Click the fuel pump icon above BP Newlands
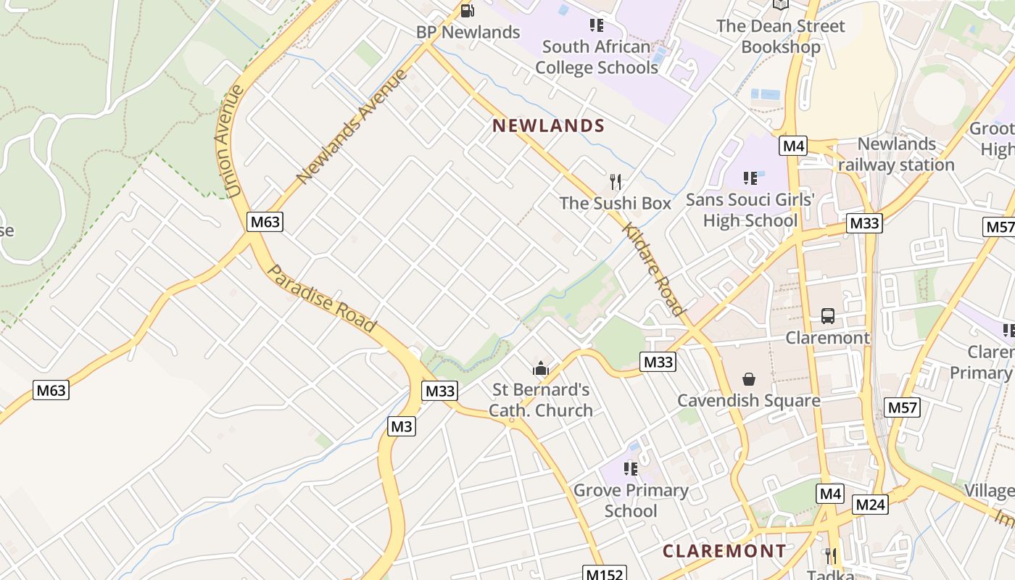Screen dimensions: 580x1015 pyautogui.click(x=468, y=11)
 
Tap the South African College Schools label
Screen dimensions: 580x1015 pyautogui.click(x=596, y=57)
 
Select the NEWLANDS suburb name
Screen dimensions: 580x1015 pyautogui.click(x=548, y=126)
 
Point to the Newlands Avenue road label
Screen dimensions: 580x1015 pyautogui.click(x=352, y=126)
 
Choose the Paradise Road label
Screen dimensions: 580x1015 pyautogui.click(x=322, y=299)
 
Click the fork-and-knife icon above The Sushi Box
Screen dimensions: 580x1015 pyautogui.click(x=616, y=181)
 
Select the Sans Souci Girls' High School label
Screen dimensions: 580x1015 pyautogui.click(x=750, y=210)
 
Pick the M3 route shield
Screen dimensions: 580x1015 pyautogui.click(x=402, y=426)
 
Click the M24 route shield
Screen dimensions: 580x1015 pyautogui.click(x=870, y=504)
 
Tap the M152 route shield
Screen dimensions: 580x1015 pyautogui.click(x=605, y=574)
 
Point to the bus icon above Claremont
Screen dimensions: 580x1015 pyautogui.click(x=828, y=316)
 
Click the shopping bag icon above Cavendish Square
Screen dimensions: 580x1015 pyautogui.click(x=748, y=379)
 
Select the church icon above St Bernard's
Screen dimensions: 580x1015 pyautogui.click(x=540, y=369)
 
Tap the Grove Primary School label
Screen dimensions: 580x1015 pyautogui.click(x=631, y=500)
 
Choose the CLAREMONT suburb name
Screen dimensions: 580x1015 pyautogui.click(x=724, y=551)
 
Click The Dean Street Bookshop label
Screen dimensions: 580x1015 pyautogui.click(x=781, y=36)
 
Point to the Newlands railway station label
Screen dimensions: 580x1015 pyautogui.click(x=896, y=154)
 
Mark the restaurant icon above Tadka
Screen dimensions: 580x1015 pyautogui.click(x=831, y=556)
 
